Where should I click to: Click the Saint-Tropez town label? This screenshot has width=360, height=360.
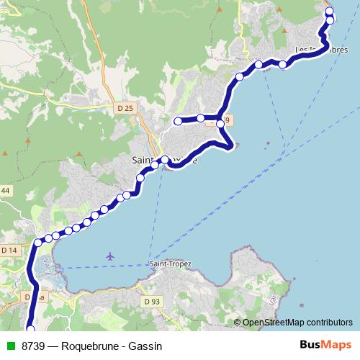click(x=171, y=264)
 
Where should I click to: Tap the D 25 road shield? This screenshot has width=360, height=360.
click(x=125, y=108)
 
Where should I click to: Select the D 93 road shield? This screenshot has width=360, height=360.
click(x=151, y=302)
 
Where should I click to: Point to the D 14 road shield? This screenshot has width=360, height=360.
click(x=9, y=250)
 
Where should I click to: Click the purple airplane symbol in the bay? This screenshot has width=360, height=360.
click(x=109, y=256)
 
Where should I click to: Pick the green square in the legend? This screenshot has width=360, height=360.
click(x=9, y=346)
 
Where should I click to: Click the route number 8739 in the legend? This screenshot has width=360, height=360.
click(x=34, y=346)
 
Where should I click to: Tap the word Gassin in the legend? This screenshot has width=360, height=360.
click(x=148, y=346)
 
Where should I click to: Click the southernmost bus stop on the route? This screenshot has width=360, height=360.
click(x=30, y=329)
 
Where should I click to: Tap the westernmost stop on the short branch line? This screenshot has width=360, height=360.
click(x=178, y=120)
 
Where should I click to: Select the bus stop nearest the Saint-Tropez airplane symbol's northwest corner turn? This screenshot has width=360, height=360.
click(x=38, y=242)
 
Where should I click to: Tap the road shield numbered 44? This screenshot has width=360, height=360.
click(x=6, y=190)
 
